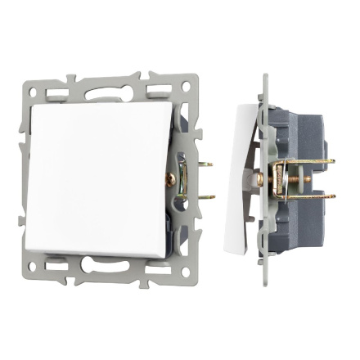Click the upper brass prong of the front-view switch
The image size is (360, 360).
[x=207, y=164]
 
